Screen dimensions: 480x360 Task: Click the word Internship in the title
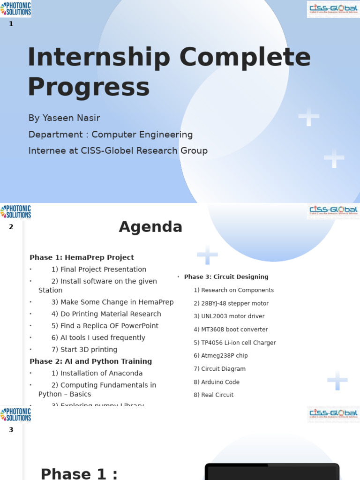[x=98, y=58]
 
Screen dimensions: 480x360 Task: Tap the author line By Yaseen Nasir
[x=64, y=118]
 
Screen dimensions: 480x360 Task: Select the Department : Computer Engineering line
[x=110, y=135]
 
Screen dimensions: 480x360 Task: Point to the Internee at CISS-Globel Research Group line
[x=118, y=150]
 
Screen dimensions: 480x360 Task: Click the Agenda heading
[x=150, y=227]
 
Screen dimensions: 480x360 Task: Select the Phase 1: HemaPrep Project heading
[x=82, y=257]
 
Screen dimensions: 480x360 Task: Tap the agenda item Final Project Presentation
[x=99, y=270]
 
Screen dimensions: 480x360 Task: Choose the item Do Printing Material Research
[x=106, y=314]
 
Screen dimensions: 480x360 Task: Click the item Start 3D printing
[x=84, y=350]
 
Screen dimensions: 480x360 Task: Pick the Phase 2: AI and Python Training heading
[x=90, y=361]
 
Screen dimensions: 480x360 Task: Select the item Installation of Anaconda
[x=97, y=374]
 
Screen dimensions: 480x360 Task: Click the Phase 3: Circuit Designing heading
[x=226, y=277]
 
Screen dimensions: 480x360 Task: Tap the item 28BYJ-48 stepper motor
[x=231, y=303]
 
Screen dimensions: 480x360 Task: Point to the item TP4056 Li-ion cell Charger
[x=235, y=343]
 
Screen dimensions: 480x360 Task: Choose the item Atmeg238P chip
[x=221, y=356]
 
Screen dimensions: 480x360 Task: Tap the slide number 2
[x=11, y=227]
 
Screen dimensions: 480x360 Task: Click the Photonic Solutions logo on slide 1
[x=16, y=8]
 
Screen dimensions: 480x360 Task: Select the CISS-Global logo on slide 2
[x=333, y=211]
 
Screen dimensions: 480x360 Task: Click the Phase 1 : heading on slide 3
[x=79, y=473]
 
